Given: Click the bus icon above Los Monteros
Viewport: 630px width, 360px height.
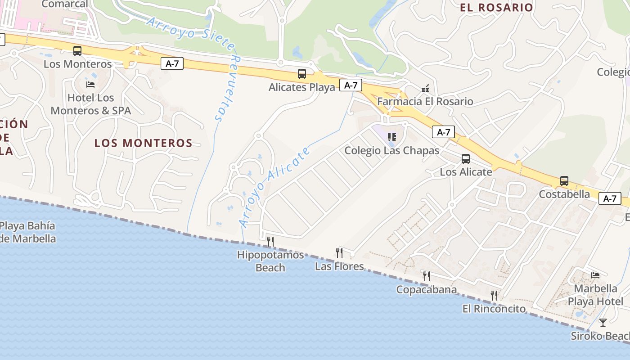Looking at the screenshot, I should pos(77,51).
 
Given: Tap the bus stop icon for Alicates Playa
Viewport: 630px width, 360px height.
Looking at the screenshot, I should pos(302,74).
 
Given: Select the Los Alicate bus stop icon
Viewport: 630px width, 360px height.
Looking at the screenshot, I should pos(466,159).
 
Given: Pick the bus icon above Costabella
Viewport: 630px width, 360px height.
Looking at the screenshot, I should pos(564,181).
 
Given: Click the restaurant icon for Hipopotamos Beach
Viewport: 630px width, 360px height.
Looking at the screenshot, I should pos(270,242).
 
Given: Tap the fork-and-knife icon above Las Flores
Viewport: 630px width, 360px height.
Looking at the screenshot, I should pos(339,253).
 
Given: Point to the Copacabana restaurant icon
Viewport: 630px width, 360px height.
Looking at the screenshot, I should pos(426,276).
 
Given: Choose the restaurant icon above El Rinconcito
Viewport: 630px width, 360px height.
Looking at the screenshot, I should pos(494,296).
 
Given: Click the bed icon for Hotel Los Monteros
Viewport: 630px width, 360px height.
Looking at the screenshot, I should pos(90,85).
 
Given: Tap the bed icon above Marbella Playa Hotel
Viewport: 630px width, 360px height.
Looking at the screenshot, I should pos(595,275).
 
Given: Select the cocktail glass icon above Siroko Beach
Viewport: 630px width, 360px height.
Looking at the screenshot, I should pos(603,323).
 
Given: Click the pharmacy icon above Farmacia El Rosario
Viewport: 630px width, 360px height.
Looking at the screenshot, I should pos(425,89).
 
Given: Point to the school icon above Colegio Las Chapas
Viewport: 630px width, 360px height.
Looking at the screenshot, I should pos(391,137).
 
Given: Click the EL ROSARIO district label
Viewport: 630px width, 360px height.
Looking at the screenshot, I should pos(496,8).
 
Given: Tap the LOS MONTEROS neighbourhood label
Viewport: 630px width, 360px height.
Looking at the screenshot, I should pos(144,143).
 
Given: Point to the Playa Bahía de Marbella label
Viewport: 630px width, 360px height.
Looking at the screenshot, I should pos(28,232).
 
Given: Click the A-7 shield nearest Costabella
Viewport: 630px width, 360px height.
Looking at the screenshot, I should pos(610,198).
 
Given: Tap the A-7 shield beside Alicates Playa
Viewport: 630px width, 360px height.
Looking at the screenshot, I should pos(351,85).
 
